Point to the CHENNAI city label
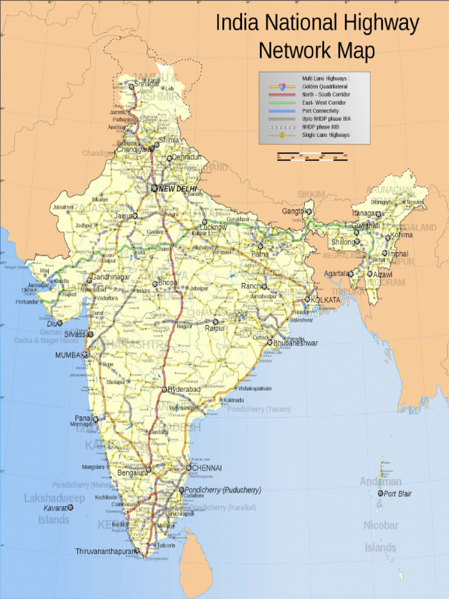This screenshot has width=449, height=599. coord(208,468)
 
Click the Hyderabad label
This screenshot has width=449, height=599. coord(184,389)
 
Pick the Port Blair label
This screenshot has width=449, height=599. coord(398,494)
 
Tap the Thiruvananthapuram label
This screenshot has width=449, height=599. coord(103,551)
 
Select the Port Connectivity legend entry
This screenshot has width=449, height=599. coord(320,111)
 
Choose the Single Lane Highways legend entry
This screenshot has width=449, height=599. coord(326,135)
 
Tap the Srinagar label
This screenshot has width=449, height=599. coord(147,84)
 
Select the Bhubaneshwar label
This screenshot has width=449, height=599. coord(295,343)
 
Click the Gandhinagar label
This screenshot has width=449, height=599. coord(110,277)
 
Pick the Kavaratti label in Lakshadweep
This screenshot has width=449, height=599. coord(56,508)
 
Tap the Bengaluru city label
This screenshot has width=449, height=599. coord(131,473)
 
